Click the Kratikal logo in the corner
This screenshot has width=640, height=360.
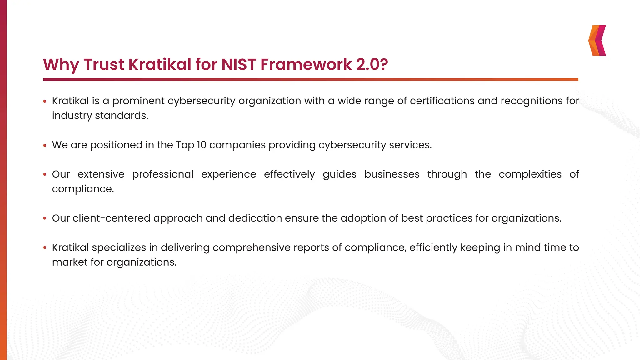pyautogui.click(x=597, y=40)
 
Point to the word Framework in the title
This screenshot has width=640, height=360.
pyautogui.click(x=306, y=64)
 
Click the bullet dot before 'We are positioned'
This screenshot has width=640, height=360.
pyautogui.click(x=45, y=145)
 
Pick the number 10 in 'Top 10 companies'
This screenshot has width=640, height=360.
pyautogui.click(x=202, y=145)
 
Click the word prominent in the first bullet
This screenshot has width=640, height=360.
pyautogui.click(x=138, y=101)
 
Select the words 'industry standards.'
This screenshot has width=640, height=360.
pyautogui.click(x=100, y=116)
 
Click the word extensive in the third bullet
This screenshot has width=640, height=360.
pyautogui.click(x=101, y=174)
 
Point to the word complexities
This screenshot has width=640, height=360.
pyautogui.click(x=530, y=174)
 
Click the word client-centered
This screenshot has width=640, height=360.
pyautogui.click(x=112, y=218)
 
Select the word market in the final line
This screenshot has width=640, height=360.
pyautogui.click(x=70, y=262)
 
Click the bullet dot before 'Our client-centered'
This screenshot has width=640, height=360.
pyautogui.click(x=45, y=218)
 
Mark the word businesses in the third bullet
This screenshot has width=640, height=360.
pyautogui.click(x=392, y=174)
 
